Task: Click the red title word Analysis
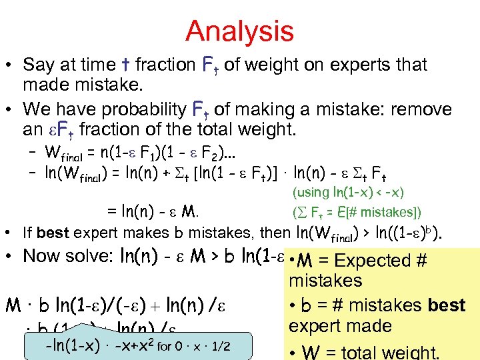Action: pyautogui.click(x=239, y=31)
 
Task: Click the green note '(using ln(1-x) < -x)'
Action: pyautogui.click(x=349, y=193)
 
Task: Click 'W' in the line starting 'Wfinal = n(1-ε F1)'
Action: pyautogui.click(x=50, y=151)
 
